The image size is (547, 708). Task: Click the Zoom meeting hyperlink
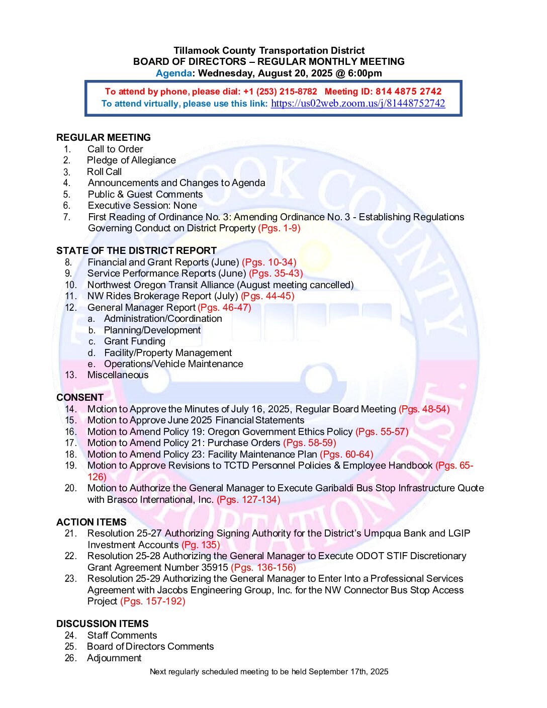357,104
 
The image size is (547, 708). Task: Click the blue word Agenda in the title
173,73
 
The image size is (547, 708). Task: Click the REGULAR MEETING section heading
104,137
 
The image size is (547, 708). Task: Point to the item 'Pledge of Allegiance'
131,160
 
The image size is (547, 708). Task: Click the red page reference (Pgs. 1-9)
279,228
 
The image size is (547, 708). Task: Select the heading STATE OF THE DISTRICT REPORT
136,250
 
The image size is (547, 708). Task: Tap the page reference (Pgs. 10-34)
269,262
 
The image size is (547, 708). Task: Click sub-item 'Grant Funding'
134,341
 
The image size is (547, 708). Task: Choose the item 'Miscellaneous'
118,375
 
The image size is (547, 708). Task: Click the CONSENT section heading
80,397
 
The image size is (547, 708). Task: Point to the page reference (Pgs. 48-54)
424,409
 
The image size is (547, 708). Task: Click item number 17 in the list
71,443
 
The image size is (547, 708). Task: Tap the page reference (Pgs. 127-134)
248,500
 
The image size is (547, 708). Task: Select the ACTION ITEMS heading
92,522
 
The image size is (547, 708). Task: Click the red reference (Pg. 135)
201,545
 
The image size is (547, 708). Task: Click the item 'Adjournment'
114,658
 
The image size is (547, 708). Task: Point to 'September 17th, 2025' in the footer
348,672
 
